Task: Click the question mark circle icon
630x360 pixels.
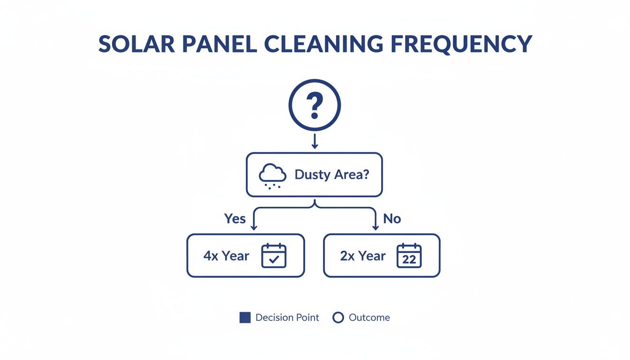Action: [x=315, y=105]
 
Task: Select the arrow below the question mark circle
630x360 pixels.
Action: [x=315, y=141]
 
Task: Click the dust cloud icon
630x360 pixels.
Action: [x=272, y=177]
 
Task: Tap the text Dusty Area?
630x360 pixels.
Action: [x=332, y=175]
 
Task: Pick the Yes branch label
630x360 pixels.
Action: [x=235, y=218]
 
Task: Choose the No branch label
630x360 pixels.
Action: [x=392, y=218]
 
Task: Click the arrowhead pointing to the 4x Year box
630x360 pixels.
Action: [x=254, y=227]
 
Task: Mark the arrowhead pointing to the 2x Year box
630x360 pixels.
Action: [x=375, y=227]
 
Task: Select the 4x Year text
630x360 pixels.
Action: [x=226, y=256]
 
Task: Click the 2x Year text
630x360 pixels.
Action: [x=363, y=256]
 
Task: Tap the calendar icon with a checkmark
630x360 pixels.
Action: [x=274, y=255]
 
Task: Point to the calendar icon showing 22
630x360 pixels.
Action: [x=409, y=255]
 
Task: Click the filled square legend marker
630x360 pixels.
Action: [x=245, y=318]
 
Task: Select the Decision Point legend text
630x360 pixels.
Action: [x=287, y=318]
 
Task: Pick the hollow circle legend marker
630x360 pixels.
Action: [x=338, y=318]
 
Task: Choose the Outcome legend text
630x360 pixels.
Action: [x=369, y=318]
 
